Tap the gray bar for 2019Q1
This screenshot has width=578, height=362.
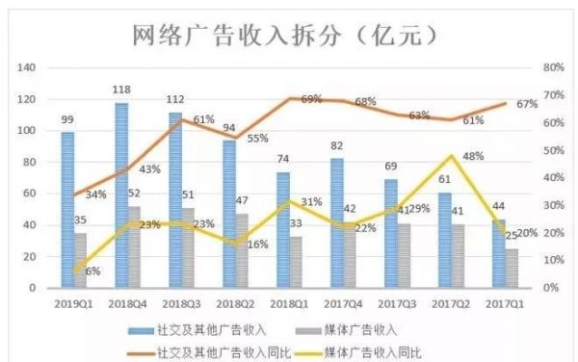80,260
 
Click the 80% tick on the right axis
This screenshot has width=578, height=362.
551,68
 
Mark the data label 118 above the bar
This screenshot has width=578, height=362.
122,91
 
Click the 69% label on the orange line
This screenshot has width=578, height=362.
311,99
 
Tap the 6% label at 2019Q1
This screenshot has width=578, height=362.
92,271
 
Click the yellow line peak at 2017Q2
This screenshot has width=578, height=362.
451,156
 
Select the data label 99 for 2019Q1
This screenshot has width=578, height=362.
66,119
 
